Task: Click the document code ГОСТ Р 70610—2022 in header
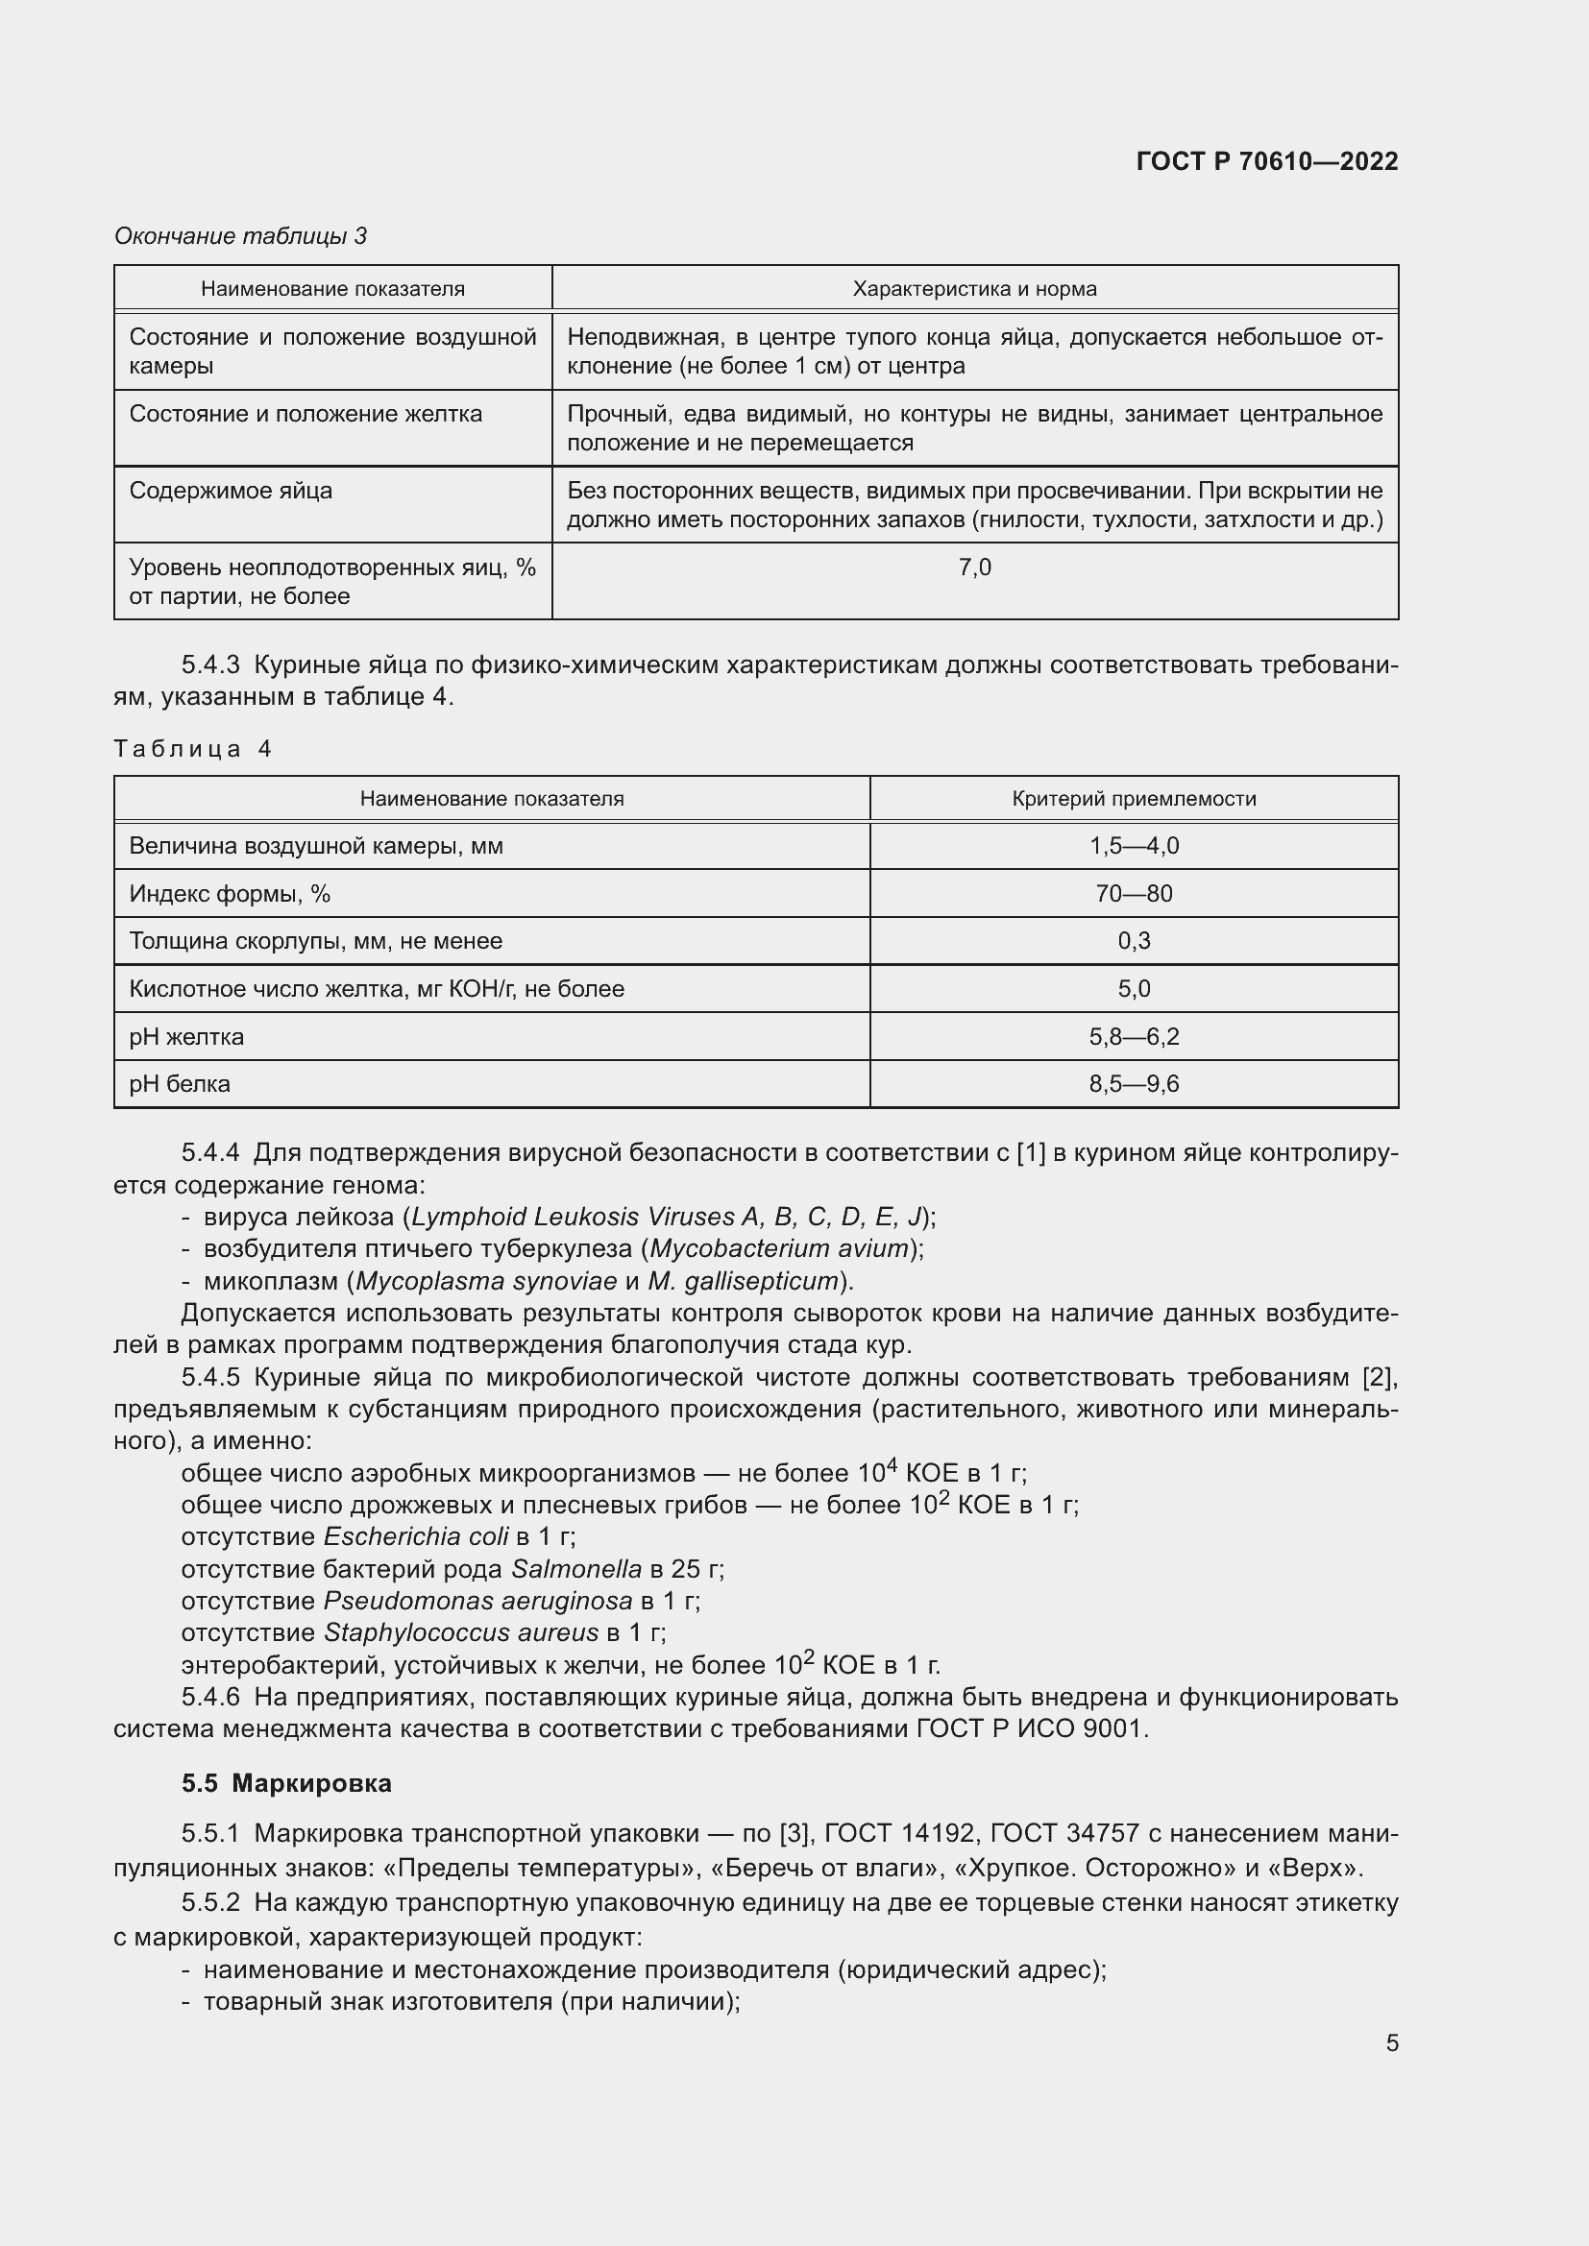pos(1266,161)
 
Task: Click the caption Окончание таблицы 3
pos(240,236)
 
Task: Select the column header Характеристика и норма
pos(973,289)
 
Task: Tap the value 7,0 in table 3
pos(974,568)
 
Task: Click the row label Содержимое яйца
pos(231,491)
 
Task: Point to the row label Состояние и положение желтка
pos(306,414)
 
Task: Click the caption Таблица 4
pos(192,749)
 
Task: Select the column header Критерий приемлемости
pos(1133,798)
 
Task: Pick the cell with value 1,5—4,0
pos(1134,846)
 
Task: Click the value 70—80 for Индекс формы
pos(1134,894)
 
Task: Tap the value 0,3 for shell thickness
pos(1134,941)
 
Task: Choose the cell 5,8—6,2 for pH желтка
pos(1134,1037)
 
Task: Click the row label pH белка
pos(179,1084)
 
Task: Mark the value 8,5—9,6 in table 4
pos(1134,1084)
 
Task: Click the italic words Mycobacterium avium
pos(780,1249)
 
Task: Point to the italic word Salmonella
pos(576,1570)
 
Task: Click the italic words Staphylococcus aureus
pos(461,1632)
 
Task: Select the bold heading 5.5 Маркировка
pos(285,1783)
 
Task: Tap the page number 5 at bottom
pos(1391,2043)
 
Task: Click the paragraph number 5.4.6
pos(210,1697)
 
